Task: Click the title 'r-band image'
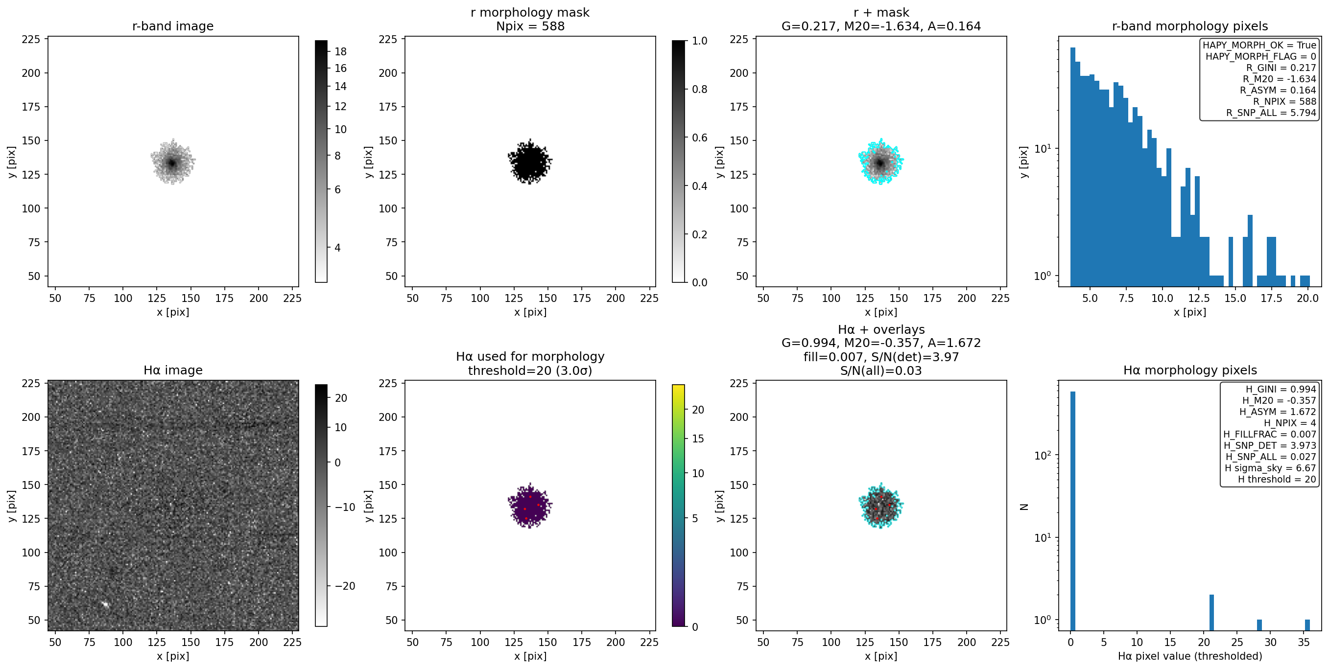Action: (173, 26)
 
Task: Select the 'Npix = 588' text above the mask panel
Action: (530, 26)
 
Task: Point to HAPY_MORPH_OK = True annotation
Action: (1259, 45)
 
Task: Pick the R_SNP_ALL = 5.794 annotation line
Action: (1271, 113)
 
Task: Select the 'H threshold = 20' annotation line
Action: (1277, 479)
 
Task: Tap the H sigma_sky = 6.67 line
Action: (1270, 468)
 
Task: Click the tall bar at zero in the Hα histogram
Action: (1072, 510)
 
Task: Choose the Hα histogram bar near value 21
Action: (1211, 612)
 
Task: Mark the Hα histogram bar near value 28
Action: (1259, 624)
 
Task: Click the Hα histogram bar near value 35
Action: (1307, 624)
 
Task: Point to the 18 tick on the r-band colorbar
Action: (340, 51)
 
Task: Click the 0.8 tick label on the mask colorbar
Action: (700, 89)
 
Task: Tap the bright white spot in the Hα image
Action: (105, 604)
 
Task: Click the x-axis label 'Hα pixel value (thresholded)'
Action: (1190, 656)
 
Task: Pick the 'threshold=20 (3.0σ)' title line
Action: (530, 370)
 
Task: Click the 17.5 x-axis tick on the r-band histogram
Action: (1271, 298)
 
